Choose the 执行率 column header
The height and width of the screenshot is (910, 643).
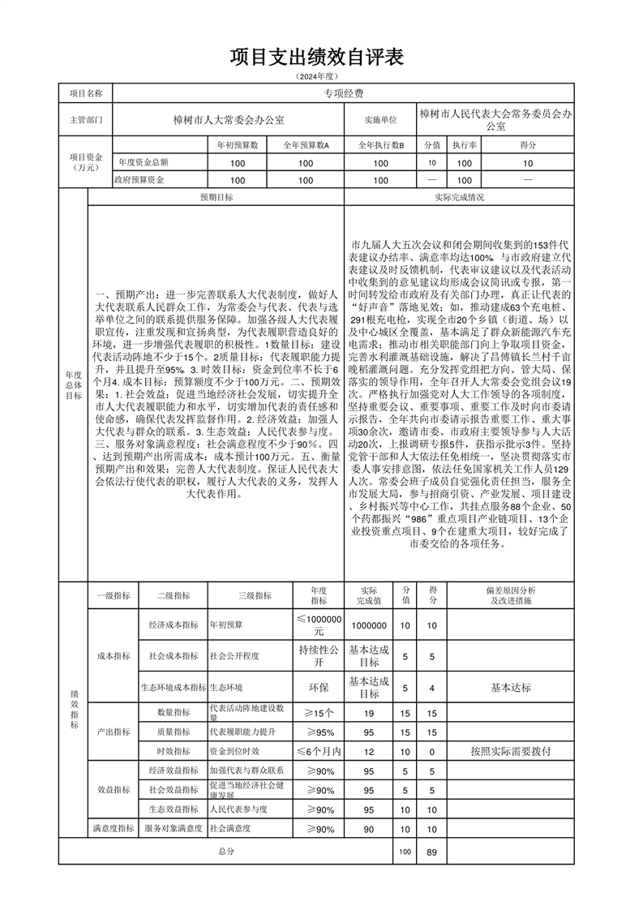(x=464, y=145)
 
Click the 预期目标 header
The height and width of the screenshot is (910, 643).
(x=216, y=197)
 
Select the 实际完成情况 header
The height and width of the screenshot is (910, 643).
(x=460, y=197)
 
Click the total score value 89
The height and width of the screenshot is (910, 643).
(x=431, y=852)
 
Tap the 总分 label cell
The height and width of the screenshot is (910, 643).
(x=226, y=852)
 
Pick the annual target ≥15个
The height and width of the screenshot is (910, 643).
(x=319, y=713)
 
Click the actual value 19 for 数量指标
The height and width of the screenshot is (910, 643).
(x=369, y=713)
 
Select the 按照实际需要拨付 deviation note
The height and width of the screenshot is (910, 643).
(x=511, y=751)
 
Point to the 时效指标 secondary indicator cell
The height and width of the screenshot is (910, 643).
(x=173, y=751)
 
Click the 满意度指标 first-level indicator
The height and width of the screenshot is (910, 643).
(x=113, y=829)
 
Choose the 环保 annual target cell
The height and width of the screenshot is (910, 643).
(x=319, y=687)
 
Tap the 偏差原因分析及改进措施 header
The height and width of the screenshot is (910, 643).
(x=511, y=595)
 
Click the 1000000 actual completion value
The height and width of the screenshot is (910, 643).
(x=369, y=625)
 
